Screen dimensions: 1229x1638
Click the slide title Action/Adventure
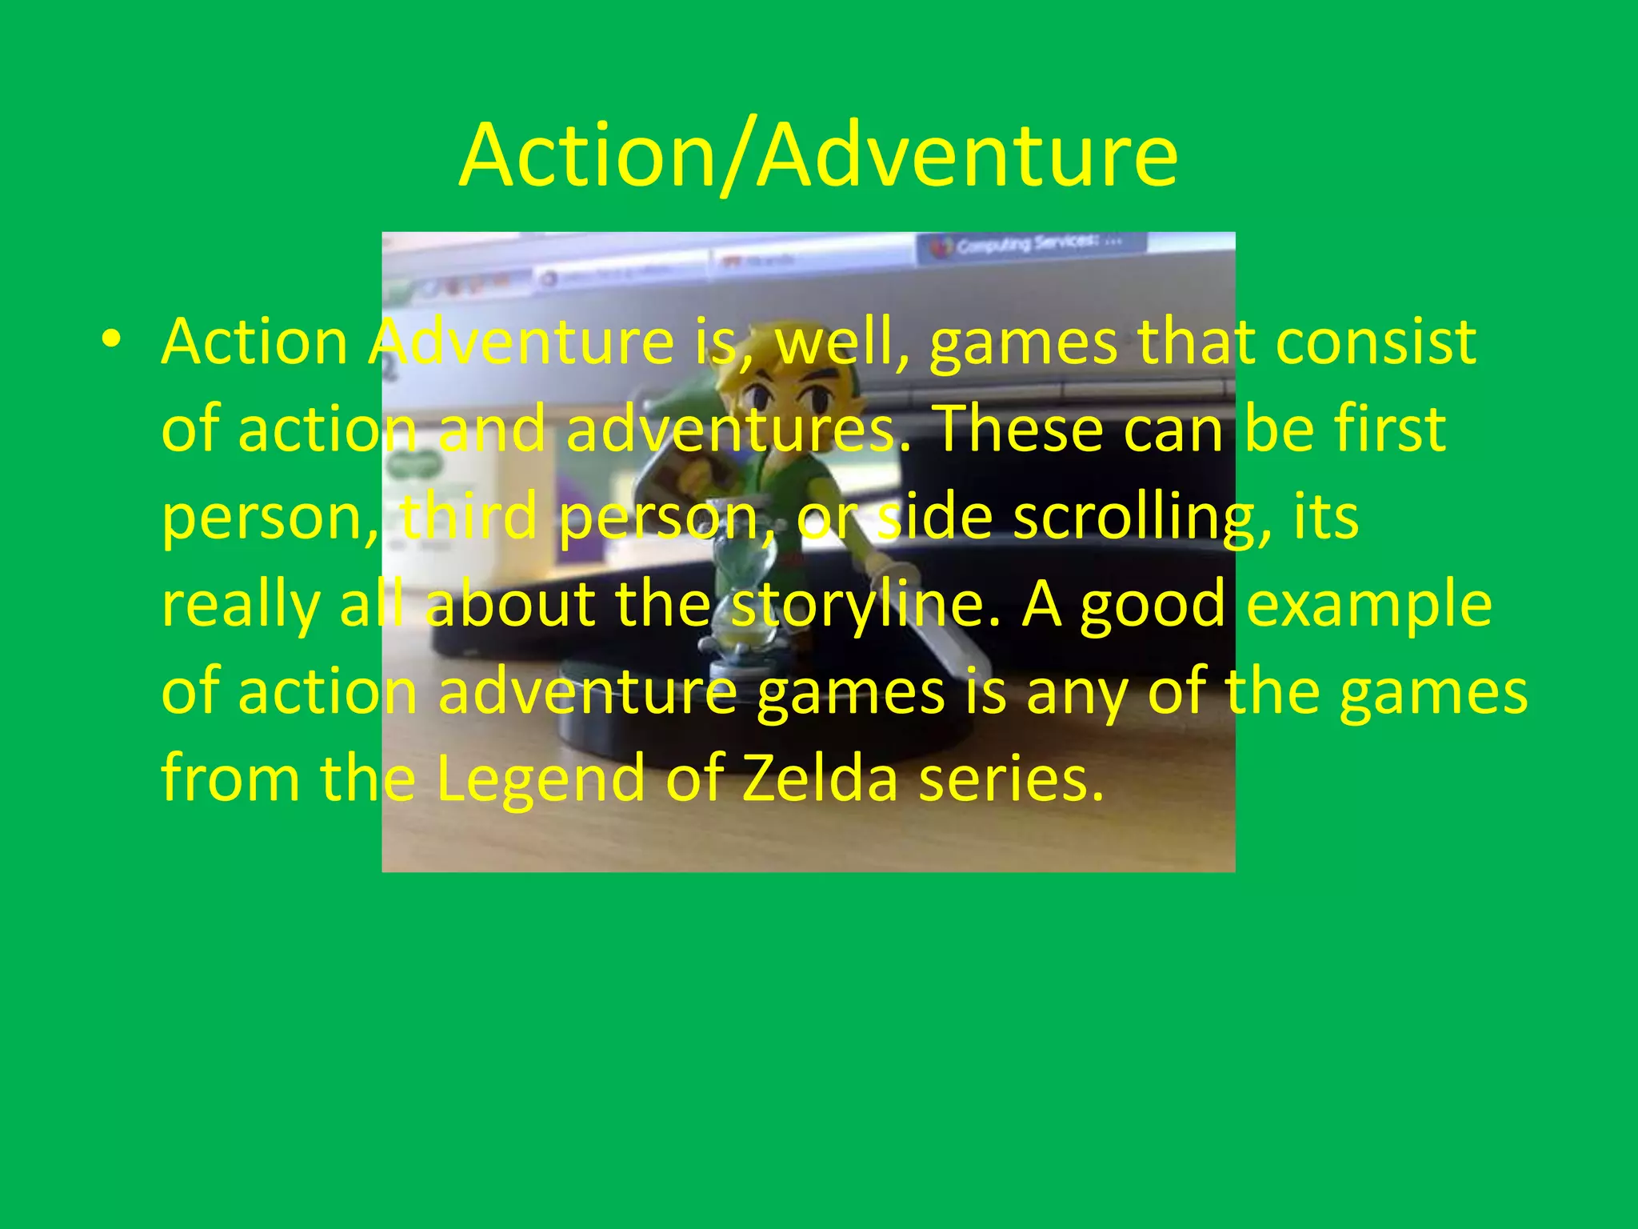coord(818,156)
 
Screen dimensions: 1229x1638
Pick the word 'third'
coord(469,517)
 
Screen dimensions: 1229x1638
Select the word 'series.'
coord(1012,779)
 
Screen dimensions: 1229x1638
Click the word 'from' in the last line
coord(230,779)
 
